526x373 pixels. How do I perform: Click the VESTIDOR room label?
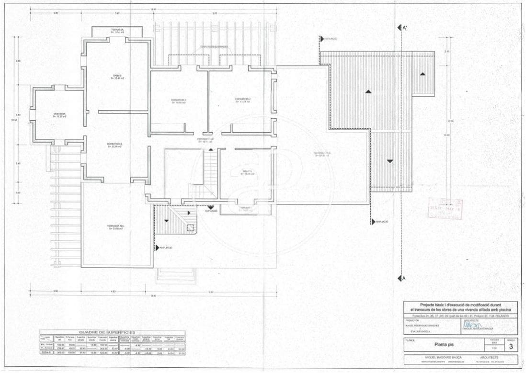tap(60, 115)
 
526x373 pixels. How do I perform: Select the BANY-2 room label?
tap(117, 76)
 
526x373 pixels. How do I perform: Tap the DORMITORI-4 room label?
tap(115, 145)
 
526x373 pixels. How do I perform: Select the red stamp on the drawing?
tap(445, 211)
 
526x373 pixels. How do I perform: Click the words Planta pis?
tap(445, 343)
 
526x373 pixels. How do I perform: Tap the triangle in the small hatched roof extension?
tap(423, 74)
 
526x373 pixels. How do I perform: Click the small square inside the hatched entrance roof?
tap(190, 228)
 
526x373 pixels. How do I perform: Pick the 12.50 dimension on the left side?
tap(14, 120)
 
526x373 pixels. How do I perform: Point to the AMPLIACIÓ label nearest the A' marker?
tap(330, 38)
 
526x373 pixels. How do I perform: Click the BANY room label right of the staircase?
tap(247, 172)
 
